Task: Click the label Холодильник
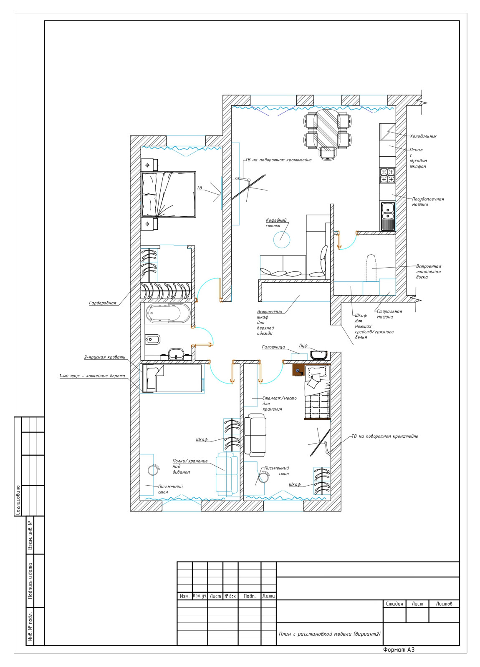(423, 136)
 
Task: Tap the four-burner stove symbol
(387, 176)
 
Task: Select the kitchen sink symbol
(388, 216)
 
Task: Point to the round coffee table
(282, 239)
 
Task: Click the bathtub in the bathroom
(168, 313)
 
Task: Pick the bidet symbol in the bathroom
(152, 339)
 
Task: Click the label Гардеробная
(103, 303)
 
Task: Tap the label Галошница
(273, 347)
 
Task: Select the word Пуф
(303, 346)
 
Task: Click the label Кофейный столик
(276, 223)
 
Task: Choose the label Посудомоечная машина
(428, 202)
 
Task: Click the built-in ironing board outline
(371, 268)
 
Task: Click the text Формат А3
(399, 649)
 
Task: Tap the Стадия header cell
(394, 604)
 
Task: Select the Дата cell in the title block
(268, 596)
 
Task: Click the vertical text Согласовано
(18, 500)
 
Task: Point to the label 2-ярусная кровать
(105, 357)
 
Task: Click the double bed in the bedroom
(169, 195)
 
